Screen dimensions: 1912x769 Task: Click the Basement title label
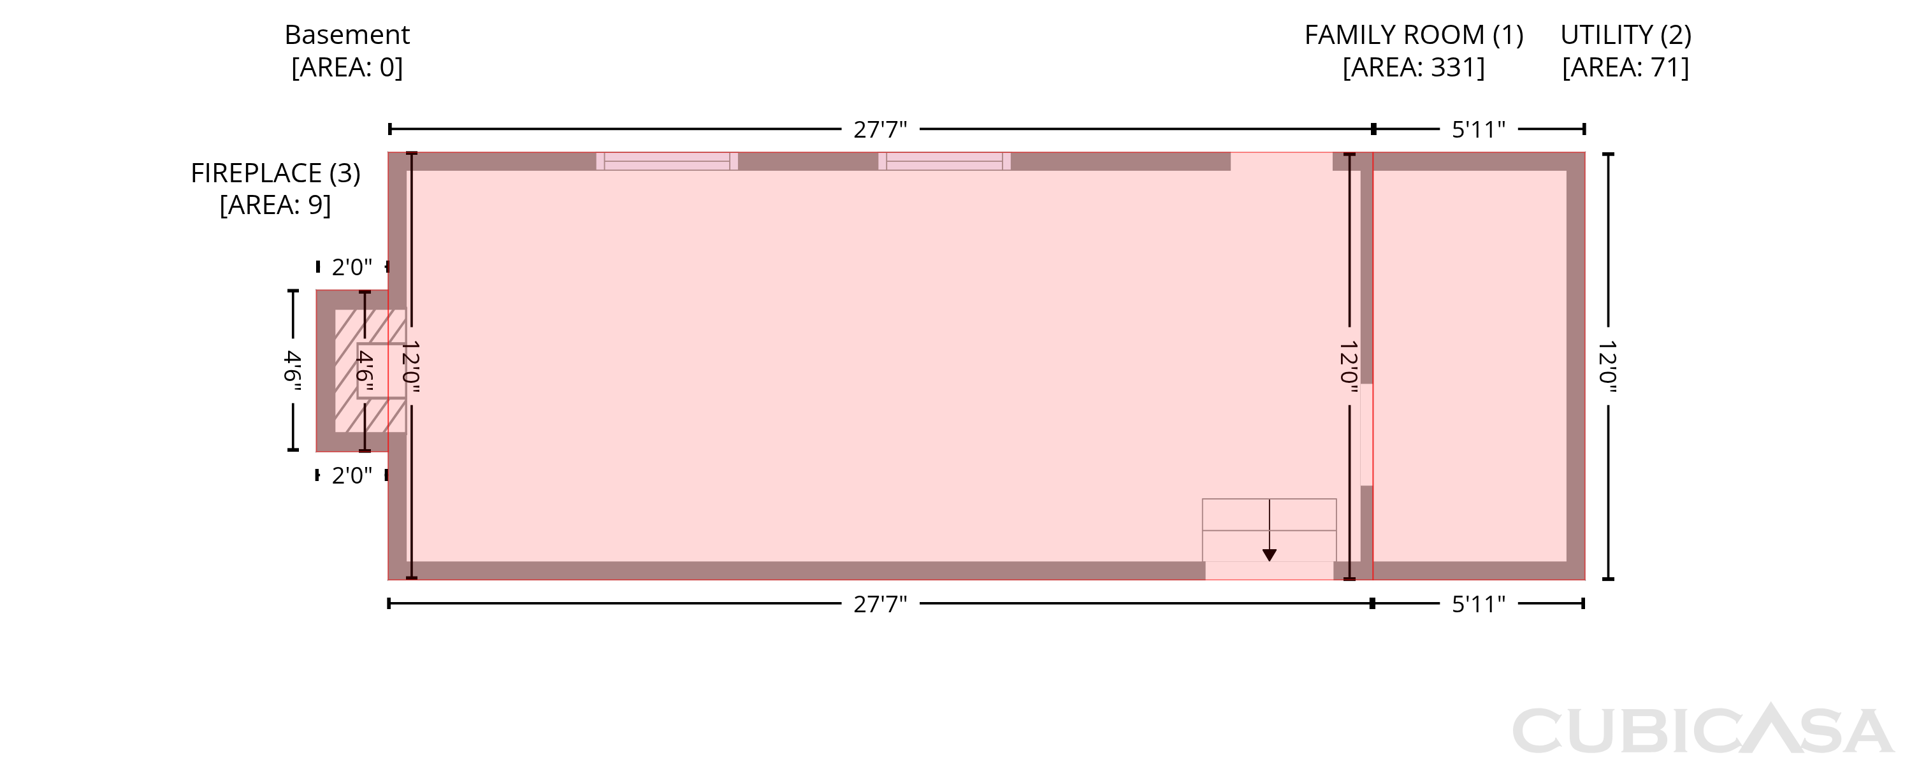[347, 35]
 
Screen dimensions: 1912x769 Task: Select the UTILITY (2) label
[1625, 35]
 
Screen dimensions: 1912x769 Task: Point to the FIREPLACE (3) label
[275, 173]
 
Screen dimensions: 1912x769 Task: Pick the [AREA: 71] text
[1625, 68]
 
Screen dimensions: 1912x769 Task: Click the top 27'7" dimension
[880, 130]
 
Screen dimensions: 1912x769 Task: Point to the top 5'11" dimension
[1479, 130]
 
